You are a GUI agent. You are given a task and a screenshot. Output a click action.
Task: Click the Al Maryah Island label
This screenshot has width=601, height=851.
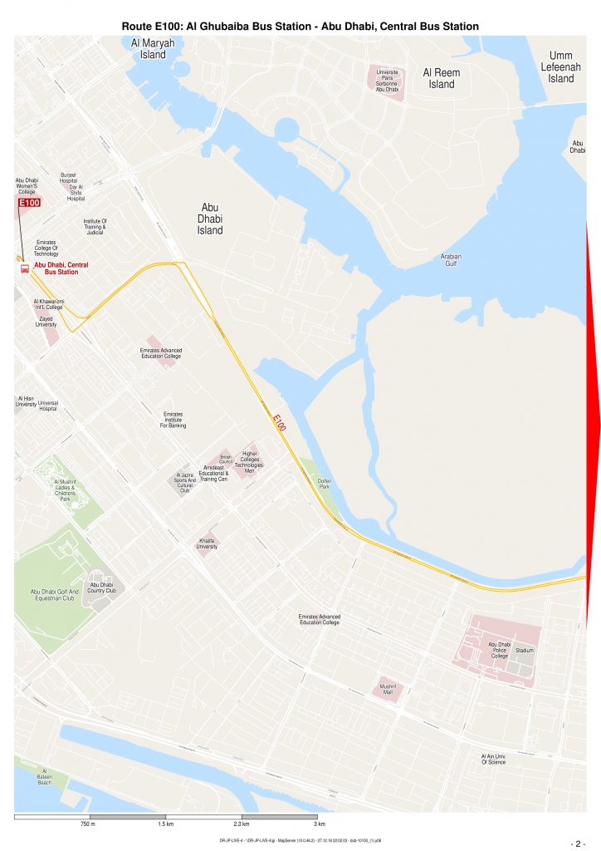click(153, 49)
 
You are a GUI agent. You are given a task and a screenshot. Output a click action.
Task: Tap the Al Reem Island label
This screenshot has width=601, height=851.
click(442, 78)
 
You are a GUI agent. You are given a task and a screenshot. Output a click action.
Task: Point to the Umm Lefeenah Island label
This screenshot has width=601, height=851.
click(561, 67)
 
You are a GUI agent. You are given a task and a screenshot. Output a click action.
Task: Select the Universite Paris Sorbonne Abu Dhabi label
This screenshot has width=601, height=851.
click(388, 81)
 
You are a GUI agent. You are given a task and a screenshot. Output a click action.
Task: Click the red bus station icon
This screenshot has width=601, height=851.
click(24, 268)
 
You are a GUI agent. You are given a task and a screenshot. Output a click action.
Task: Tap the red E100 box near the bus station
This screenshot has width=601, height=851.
click(29, 203)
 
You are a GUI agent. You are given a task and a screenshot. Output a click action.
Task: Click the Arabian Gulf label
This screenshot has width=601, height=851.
click(451, 260)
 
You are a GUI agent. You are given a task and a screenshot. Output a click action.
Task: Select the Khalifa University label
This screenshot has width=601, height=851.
click(207, 544)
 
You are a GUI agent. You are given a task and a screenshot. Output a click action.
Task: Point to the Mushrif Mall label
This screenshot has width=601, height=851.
click(388, 689)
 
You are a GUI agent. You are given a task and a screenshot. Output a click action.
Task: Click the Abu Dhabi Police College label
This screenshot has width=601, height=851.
click(499, 650)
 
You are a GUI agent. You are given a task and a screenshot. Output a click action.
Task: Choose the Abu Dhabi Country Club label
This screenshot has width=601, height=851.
click(101, 588)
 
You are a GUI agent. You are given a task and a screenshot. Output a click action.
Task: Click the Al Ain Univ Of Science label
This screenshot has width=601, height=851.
click(493, 759)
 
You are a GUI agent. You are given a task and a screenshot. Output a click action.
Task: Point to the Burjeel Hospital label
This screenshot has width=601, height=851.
click(68, 178)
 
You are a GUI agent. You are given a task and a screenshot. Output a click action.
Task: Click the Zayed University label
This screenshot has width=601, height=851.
click(46, 322)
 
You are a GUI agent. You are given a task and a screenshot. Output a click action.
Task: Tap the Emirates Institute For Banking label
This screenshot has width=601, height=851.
click(173, 420)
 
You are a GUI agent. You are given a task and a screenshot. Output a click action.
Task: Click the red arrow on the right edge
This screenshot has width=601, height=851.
click(594, 424)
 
